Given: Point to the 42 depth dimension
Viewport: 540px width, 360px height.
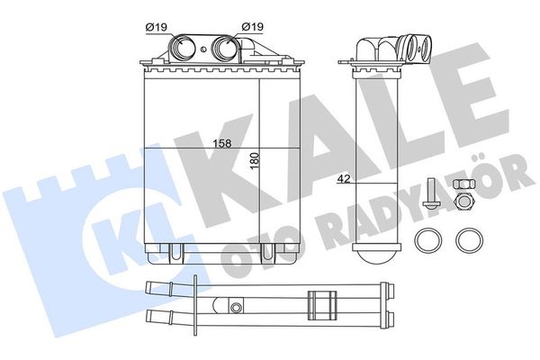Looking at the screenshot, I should coord(343,178).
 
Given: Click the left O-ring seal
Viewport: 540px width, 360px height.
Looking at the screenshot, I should coord(427,240).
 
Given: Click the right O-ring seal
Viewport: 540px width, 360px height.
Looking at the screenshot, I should coord(467,240).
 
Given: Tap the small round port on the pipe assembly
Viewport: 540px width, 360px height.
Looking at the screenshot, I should coord(236,308).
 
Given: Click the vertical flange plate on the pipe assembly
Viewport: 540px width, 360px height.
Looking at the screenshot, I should coord(195,301).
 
